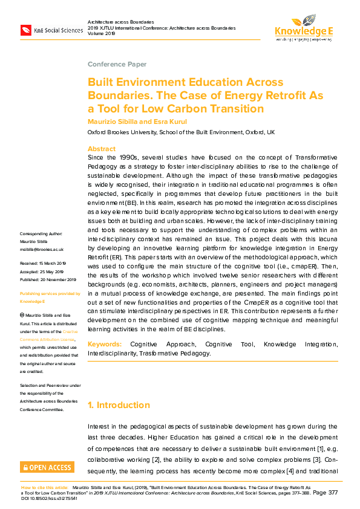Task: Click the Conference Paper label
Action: [117, 64]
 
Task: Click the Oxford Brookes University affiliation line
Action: [181, 131]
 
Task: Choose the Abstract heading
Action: [102, 149]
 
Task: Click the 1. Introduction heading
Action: [119, 405]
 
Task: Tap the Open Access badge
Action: [47, 467]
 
